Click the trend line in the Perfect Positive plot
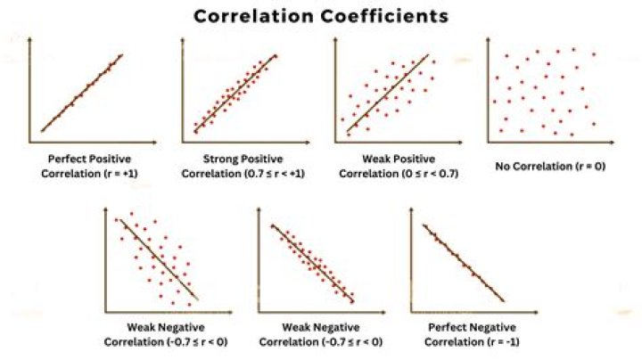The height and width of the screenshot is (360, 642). [x=80, y=94]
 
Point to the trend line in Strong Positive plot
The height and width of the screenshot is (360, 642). [x=234, y=94]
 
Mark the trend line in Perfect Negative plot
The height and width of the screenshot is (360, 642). [x=464, y=263]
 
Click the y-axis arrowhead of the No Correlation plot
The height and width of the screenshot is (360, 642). [x=488, y=41]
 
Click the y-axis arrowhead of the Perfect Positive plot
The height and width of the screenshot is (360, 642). [x=30, y=41]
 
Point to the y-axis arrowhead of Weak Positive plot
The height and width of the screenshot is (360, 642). [x=336, y=41]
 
